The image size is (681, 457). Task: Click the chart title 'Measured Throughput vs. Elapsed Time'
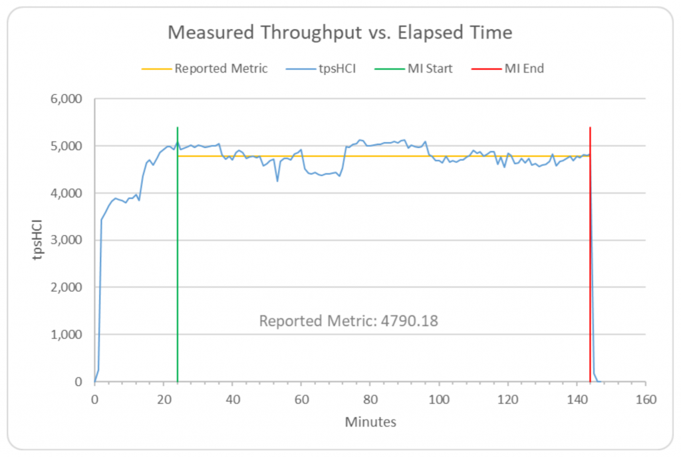tap(340, 33)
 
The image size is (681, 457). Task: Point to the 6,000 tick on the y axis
tap(66, 99)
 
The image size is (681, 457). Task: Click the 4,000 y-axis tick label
tap(66, 193)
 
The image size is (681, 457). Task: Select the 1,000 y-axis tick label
tap(66, 335)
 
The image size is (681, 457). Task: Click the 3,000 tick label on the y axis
tap(66, 240)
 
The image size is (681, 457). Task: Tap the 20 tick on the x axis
tap(164, 400)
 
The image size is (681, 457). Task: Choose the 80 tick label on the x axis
tap(370, 400)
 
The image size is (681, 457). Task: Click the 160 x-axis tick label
tap(646, 400)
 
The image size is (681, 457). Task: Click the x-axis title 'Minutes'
tap(370, 422)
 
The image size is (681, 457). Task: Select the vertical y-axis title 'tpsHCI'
tap(41, 240)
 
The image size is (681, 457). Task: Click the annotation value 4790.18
tap(410, 321)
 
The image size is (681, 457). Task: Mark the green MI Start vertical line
tap(178, 266)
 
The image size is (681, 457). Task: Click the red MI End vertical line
tap(590, 266)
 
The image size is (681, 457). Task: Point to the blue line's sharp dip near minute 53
tap(277, 181)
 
